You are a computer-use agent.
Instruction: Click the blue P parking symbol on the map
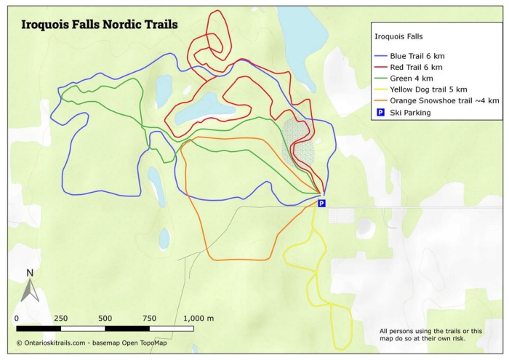(x=321, y=204)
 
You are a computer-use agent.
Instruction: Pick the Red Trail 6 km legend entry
(x=413, y=67)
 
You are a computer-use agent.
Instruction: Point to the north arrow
(x=29, y=291)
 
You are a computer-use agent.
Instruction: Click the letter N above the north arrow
(x=29, y=273)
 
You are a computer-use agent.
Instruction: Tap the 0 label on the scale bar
(x=17, y=319)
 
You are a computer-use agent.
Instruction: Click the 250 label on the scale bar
(x=60, y=319)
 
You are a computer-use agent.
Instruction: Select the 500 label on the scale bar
(x=105, y=319)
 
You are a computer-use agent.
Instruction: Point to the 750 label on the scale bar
(x=149, y=319)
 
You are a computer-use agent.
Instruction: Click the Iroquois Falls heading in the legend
(x=398, y=36)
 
